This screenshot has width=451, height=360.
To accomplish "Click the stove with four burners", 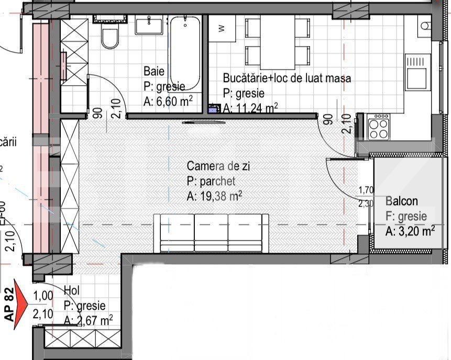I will [378, 127].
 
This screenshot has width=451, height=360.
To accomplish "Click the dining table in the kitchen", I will [278, 39].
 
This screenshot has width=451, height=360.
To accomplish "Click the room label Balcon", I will [402, 201].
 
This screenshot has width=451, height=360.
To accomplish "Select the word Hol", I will [71, 290].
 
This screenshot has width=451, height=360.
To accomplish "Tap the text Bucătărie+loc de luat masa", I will [287, 78].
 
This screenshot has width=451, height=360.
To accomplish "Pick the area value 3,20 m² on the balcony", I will [410, 231].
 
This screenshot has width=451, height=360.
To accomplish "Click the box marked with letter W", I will [222, 28].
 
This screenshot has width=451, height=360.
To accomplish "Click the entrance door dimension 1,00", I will [43, 296].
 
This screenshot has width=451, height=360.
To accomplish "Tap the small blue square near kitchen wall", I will [213, 109].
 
